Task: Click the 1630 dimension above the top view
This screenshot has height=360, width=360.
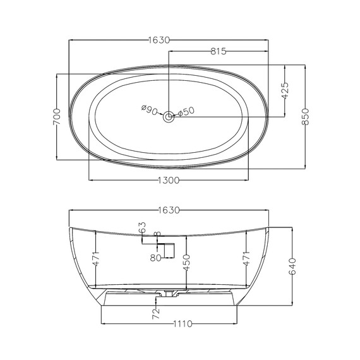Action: [159, 40]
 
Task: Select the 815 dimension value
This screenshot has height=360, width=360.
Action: [219, 51]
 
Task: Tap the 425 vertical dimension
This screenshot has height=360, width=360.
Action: [285, 91]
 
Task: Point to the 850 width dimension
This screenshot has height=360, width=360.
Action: [305, 117]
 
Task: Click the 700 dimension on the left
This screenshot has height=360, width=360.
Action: [57, 117]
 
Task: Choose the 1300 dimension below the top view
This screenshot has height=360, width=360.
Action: [169, 180]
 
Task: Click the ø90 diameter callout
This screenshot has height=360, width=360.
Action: [149, 109]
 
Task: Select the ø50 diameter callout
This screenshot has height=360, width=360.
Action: [186, 112]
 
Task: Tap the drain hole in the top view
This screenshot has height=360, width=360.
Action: [169, 117]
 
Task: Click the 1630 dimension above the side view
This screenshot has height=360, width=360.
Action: [169, 210]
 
